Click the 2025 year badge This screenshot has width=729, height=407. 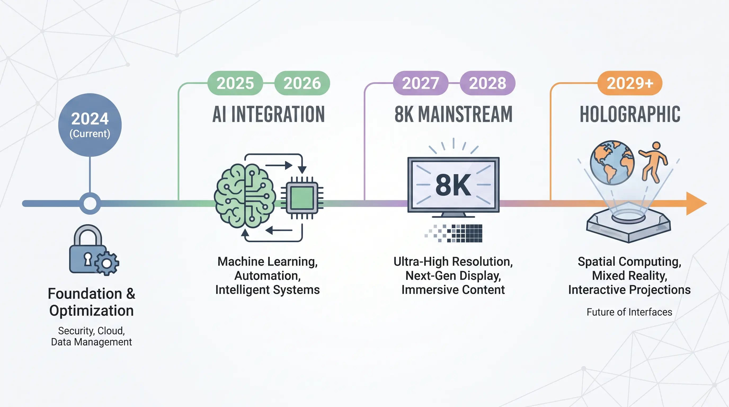coord(235,83)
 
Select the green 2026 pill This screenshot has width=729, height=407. coord(302,83)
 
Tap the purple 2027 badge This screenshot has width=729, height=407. coord(421,83)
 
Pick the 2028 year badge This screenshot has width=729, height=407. coord(488,83)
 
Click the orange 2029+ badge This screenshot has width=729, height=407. coord(630,83)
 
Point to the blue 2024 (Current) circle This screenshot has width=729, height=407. coord(90,125)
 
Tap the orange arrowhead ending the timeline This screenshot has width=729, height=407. coord(696,203)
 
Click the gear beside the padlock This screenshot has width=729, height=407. coord(107,263)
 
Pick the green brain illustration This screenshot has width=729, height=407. coord(245,196)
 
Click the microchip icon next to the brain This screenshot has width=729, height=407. coord(302,198)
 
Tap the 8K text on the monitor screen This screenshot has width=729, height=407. coord(453,185)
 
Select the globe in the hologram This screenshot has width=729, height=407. coord(612,162)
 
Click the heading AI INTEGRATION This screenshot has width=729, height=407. coord(269,114)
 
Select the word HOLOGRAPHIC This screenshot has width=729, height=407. coord(630,114)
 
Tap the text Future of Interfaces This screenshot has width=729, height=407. coord(629,312)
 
